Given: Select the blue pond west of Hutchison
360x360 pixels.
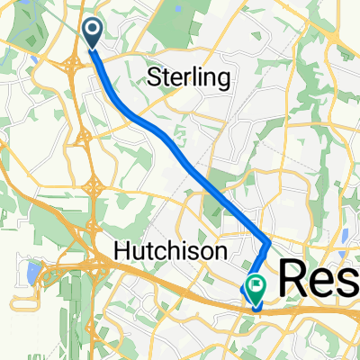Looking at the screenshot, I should [33, 269].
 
